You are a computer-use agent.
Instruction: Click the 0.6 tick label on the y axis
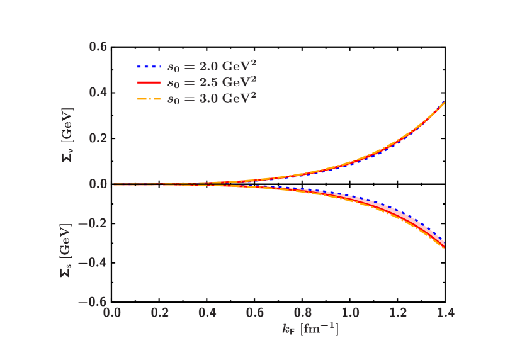click(x=98, y=47)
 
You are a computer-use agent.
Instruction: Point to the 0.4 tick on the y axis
click(x=98, y=93)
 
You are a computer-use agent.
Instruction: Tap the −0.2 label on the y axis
click(x=93, y=223)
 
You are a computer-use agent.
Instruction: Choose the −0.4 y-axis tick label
click(x=93, y=262)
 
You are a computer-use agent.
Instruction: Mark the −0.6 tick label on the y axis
click(x=93, y=301)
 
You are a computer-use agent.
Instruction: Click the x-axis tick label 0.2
click(x=160, y=313)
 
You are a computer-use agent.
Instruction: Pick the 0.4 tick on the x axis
click(x=208, y=313)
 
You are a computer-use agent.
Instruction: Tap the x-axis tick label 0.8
click(x=303, y=313)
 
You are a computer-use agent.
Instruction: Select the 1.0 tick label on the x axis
click(x=351, y=313)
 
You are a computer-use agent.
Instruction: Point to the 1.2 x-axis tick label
click(x=398, y=313)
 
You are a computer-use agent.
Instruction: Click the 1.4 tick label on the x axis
click(x=445, y=313)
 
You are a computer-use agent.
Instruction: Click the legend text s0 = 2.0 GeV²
click(x=211, y=66)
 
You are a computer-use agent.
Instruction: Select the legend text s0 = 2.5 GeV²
click(x=211, y=82)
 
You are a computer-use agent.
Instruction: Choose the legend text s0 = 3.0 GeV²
click(x=211, y=99)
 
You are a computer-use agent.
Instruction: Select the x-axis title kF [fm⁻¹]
click(x=310, y=329)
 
